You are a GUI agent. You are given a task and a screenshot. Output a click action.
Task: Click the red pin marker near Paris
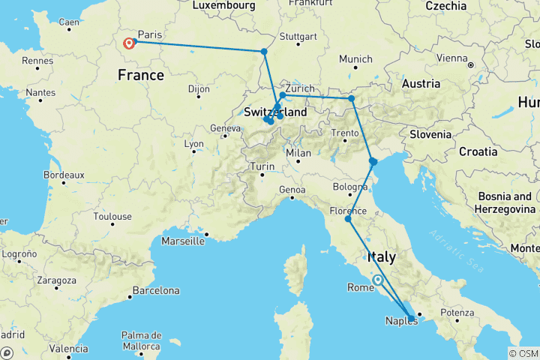coord(129,43)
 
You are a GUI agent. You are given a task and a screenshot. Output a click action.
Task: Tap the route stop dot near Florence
coord(348,219)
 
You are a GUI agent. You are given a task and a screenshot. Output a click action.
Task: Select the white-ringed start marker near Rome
coord(378,280)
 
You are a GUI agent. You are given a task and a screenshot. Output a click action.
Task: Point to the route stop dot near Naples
coord(411,318)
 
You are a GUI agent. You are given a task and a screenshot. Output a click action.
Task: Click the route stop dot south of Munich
coord(351,98)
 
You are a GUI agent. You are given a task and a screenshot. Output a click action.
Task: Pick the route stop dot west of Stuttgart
coord(264,52)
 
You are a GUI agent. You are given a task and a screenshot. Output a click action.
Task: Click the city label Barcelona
coord(155,290)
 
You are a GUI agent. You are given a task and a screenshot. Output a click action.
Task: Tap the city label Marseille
coord(184,241)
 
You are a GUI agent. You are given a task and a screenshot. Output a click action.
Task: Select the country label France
coord(141,76)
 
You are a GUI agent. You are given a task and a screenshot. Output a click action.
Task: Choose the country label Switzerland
coord(276,112)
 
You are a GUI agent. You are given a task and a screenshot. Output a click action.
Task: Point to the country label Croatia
coord(478,151)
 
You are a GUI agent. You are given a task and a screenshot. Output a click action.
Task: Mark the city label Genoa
coord(292,190)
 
